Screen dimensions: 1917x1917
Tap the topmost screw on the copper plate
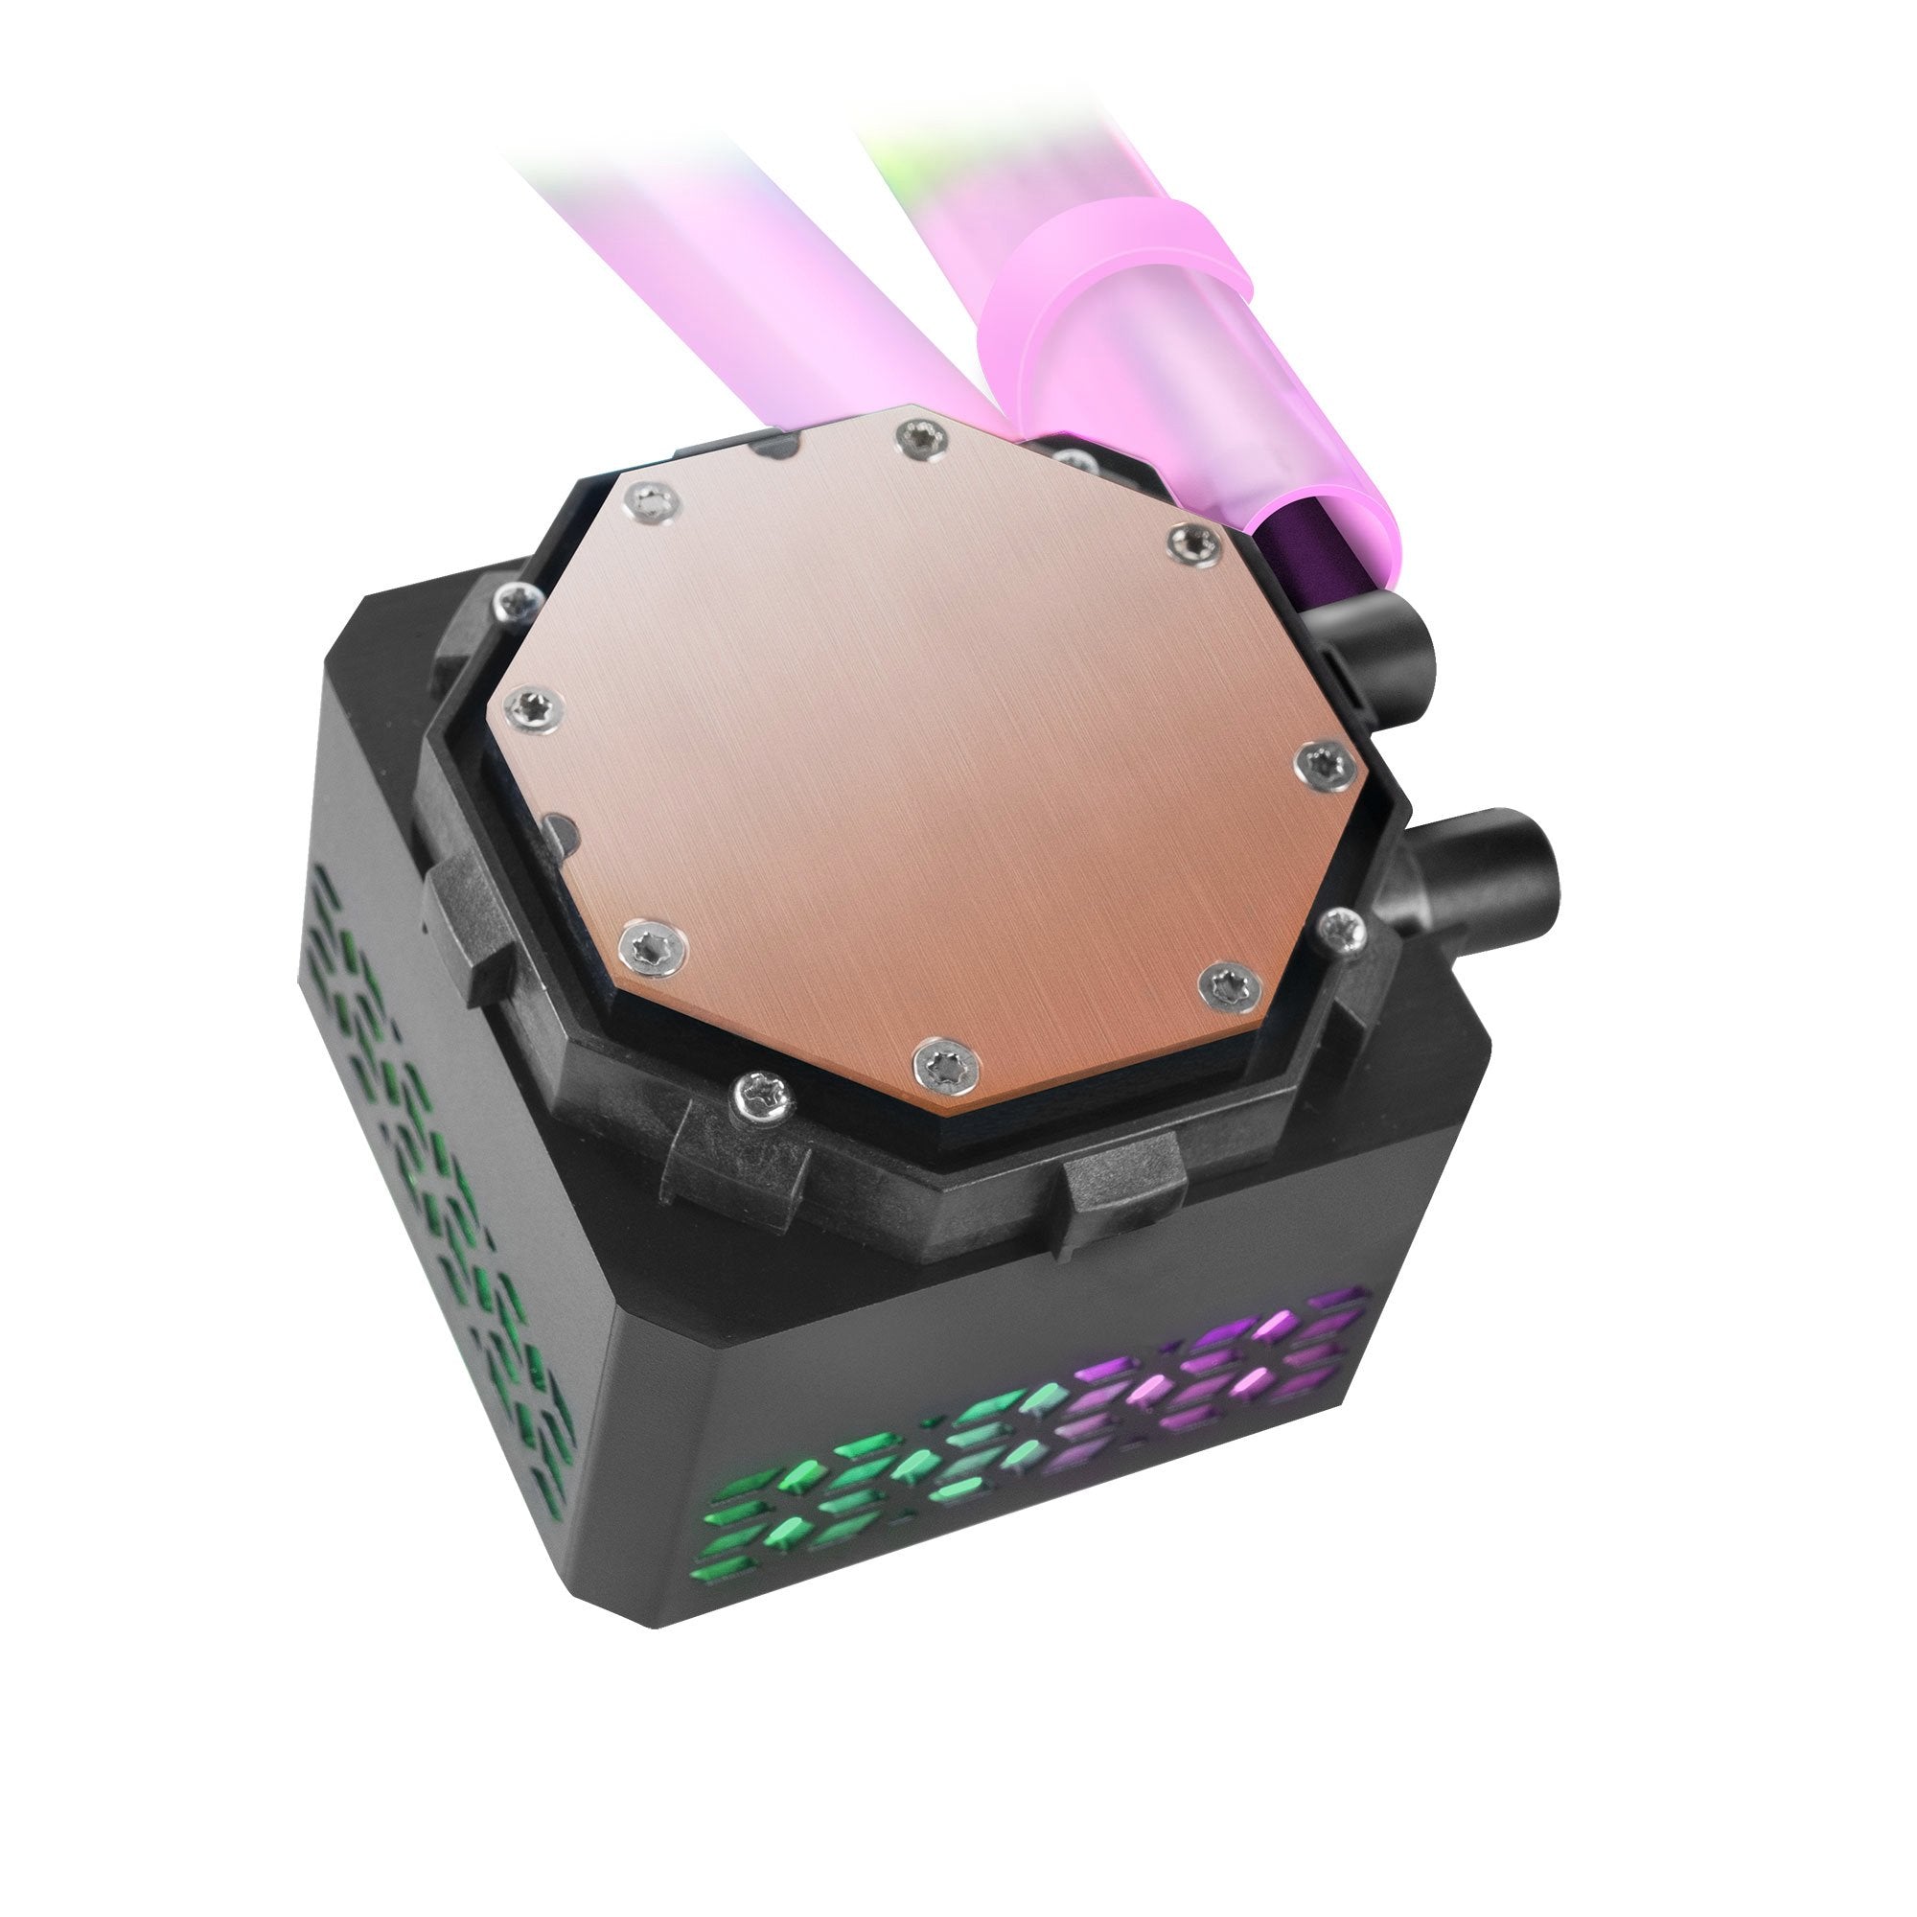coord(923,436)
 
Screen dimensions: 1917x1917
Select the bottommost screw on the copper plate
coord(946,1067)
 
